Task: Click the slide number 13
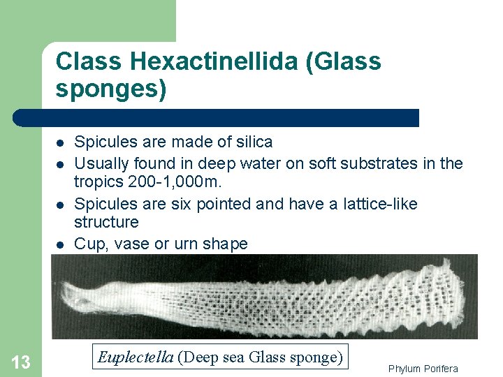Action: click(21, 362)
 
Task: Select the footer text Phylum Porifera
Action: click(423, 369)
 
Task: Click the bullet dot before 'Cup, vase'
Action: click(61, 244)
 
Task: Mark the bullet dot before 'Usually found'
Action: click(61, 164)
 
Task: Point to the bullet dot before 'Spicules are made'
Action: click(61, 142)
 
